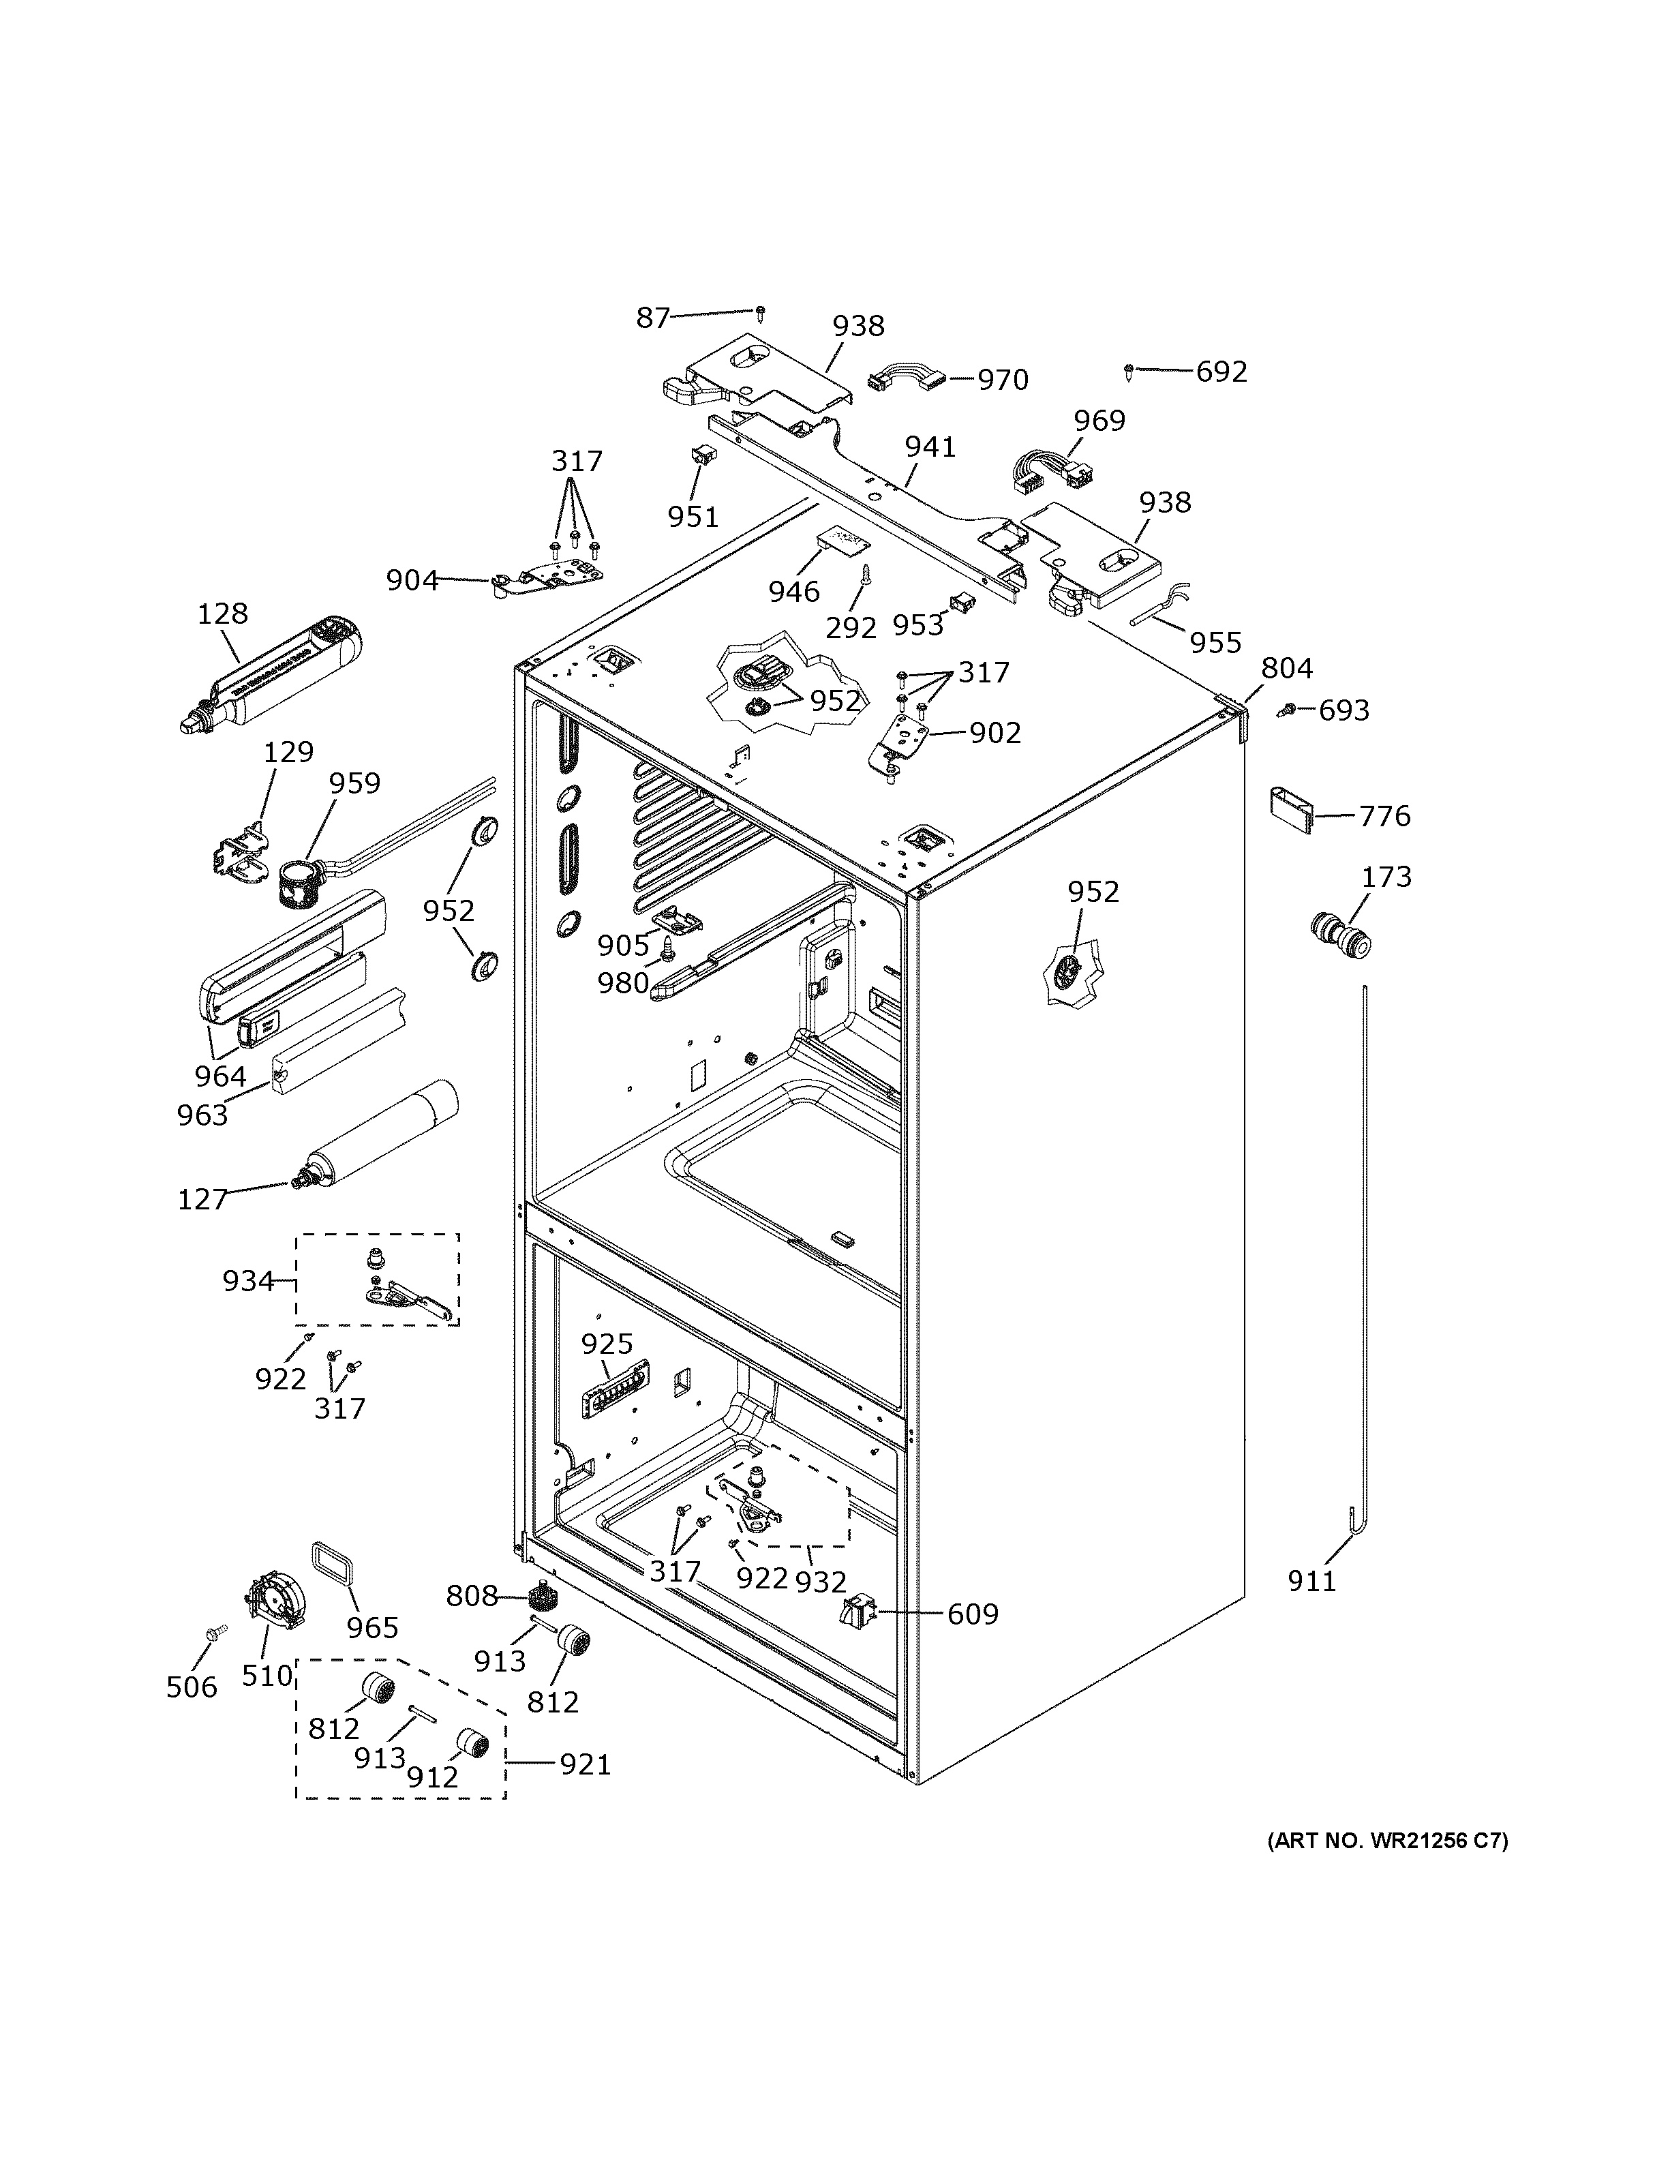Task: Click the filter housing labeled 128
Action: tap(277, 674)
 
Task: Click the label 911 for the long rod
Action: tap(1311, 1581)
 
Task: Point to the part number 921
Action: tap(585, 1764)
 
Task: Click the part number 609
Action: tap(973, 1614)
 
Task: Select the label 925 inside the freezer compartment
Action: tap(606, 1344)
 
